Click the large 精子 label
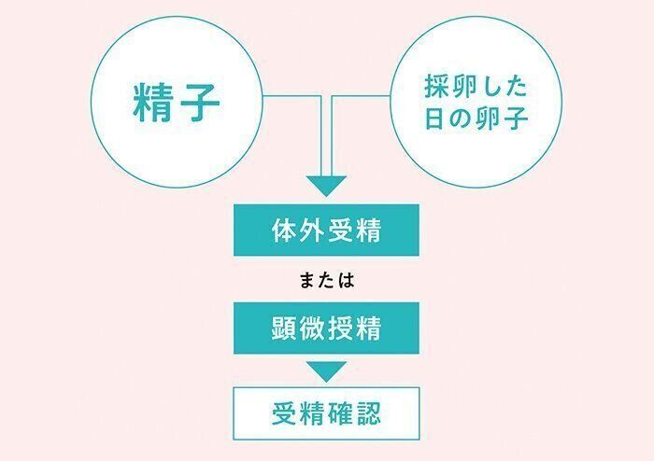[x=176, y=103]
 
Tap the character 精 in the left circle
[x=153, y=103]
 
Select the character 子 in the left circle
[x=199, y=103]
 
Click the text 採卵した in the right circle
[x=476, y=87]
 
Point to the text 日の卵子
[x=476, y=118]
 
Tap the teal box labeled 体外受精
[x=326, y=230]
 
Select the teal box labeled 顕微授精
[x=326, y=328]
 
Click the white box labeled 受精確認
[x=326, y=413]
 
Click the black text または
[x=327, y=280]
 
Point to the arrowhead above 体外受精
[x=327, y=186]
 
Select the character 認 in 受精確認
[x=368, y=413]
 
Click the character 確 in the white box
[x=340, y=413]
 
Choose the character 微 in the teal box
[x=312, y=328]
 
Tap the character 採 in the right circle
[x=437, y=87]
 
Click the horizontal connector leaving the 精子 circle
[x=291, y=96]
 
